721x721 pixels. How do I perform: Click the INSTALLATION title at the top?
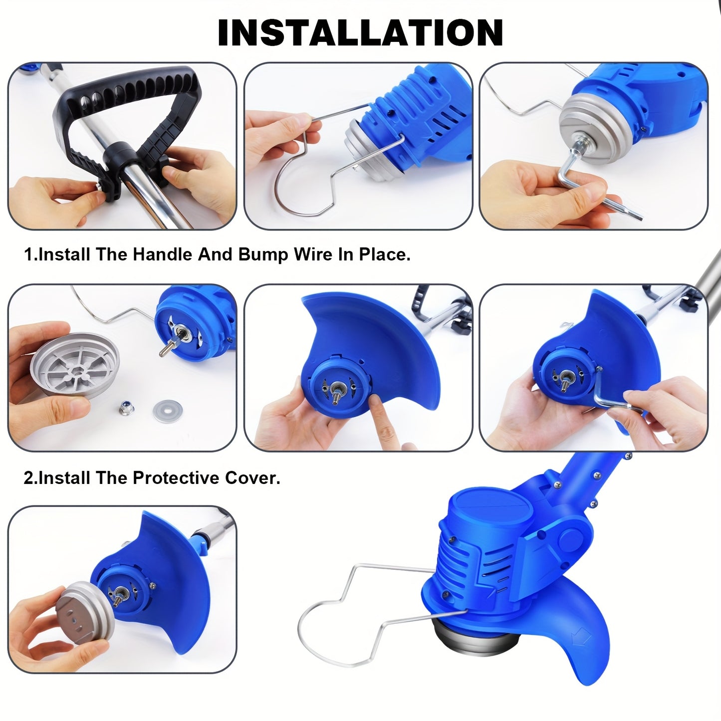(x=360, y=32)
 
